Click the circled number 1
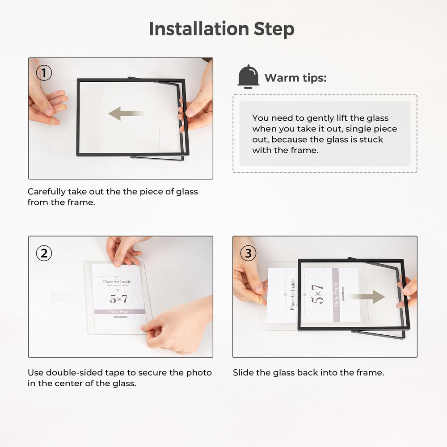tap(44, 73)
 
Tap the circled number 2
tap(44, 253)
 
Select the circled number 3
tap(248, 253)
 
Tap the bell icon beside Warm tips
tap(248, 76)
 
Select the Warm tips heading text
tap(295, 78)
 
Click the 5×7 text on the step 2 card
tap(119, 298)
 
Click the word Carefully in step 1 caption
tap(46, 192)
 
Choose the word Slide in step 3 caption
tap(243, 372)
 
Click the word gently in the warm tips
tap(319, 118)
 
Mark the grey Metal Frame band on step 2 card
tap(119, 312)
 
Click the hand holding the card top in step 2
tap(123, 250)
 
